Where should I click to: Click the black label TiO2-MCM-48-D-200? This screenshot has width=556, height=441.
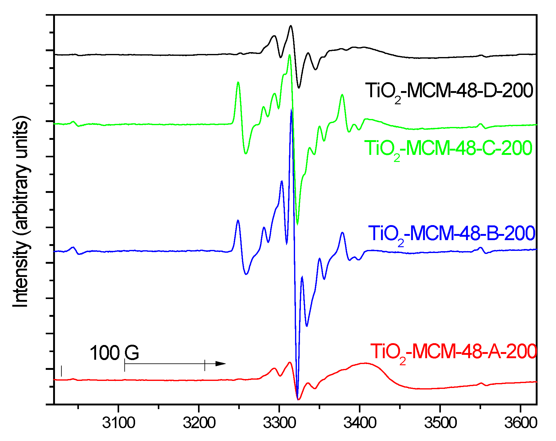pos(449,91)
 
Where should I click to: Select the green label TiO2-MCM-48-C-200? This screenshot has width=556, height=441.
pos(448,148)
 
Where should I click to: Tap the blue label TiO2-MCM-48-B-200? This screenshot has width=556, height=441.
pos(451,234)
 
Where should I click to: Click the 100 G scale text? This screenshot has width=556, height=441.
pos(114,353)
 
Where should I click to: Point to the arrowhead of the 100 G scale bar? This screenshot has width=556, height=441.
pos(221,364)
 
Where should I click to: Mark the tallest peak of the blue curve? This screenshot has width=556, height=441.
pos(291,110)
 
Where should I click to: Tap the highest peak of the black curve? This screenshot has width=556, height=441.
pos(290,26)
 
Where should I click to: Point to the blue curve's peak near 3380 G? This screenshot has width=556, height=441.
pos(342,233)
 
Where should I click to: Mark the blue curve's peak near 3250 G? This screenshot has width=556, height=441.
pos(238,221)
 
